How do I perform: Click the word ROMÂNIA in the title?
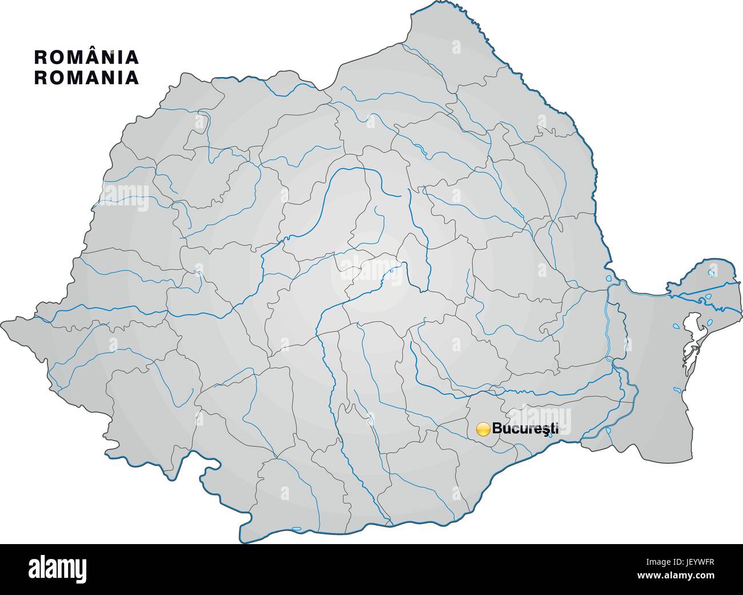(x=86, y=57)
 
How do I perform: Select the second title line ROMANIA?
(x=86, y=77)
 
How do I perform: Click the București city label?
(x=525, y=428)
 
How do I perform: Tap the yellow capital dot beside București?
(x=483, y=429)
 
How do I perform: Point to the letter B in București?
(x=497, y=428)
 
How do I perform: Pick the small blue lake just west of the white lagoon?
(x=676, y=327)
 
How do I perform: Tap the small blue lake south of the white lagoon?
(x=678, y=390)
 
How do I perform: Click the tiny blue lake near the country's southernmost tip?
(x=296, y=528)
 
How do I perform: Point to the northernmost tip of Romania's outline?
(x=440, y=5)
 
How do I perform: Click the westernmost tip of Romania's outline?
(x=3, y=321)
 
